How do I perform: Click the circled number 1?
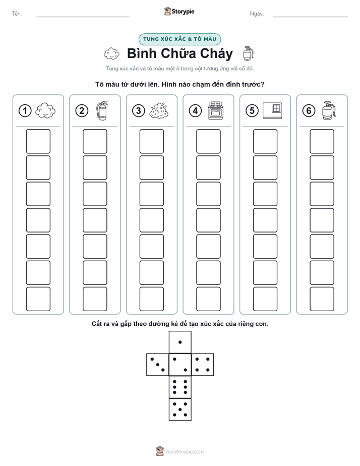click(x=25, y=111)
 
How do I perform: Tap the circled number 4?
click(x=195, y=111)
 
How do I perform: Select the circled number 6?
click(x=309, y=111)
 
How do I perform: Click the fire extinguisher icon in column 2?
click(x=102, y=110)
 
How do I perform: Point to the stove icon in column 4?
click(x=216, y=110)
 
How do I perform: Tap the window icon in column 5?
click(x=272, y=111)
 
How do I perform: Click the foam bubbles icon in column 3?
click(x=159, y=111)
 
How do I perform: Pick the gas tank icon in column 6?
click(x=329, y=110)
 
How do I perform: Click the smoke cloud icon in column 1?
click(x=45, y=110)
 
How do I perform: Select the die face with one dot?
click(x=180, y=342)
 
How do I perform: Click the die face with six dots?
click(x=180, y=387)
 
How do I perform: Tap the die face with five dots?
click(x=180, y=409)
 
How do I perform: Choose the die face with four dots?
click(x=203, y=365)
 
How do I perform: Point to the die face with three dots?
click(x=158, y=365)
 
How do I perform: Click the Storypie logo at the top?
click(x=179, y=12)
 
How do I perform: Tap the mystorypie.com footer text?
click(x=185, y=452)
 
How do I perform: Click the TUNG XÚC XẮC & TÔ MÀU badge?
click(x=179, y=39)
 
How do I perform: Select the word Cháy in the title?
click(x=216, y=53)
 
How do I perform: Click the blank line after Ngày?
click(x=311, y=17)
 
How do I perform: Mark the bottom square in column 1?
click(x=38, y=299)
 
